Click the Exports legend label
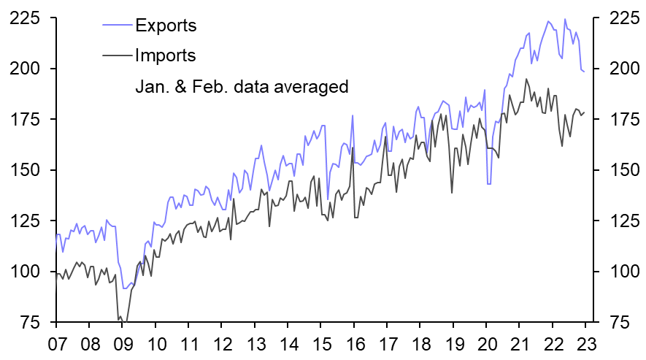pos(166,25)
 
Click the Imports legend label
pos(166,55)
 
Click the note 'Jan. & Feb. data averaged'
pos(242,86)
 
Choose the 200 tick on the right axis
pos(618,69)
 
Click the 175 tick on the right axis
pos(618,120)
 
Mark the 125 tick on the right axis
pos(618,221)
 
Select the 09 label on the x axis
pos(123,345)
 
